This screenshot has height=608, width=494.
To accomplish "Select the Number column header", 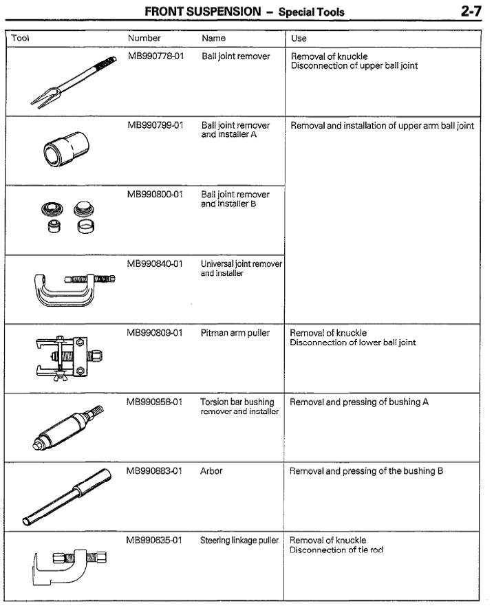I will [144, 39].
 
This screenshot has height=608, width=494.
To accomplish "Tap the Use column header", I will [299, 39].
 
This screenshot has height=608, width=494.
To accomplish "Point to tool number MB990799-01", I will [155, 126].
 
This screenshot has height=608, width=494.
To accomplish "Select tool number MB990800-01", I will [155, 195].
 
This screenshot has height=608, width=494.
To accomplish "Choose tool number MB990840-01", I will [155, 263].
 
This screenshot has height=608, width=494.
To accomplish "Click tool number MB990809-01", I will [155, 333].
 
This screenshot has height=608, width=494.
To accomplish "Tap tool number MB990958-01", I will [155, 402].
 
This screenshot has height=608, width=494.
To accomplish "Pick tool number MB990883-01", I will [155, 471].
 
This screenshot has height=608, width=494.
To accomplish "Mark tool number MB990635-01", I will [155, 541].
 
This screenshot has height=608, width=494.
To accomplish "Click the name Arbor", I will [212, 471].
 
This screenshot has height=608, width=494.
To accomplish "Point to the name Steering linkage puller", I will [239, 541].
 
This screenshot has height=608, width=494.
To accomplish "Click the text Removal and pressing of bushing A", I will [358, 402].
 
